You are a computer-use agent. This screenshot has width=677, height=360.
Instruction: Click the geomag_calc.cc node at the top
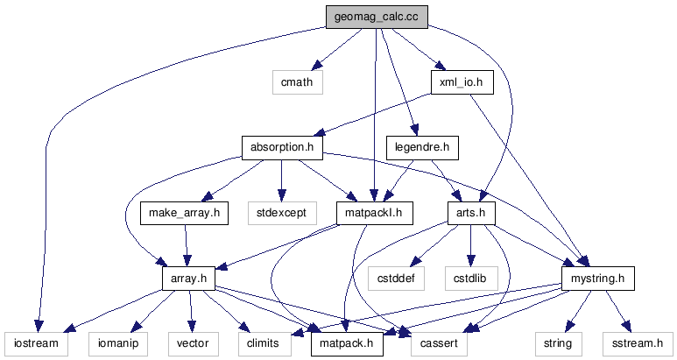[375, 17]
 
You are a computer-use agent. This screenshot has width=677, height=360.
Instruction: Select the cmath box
[297, 82]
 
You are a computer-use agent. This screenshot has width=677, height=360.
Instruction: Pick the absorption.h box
[282, 147]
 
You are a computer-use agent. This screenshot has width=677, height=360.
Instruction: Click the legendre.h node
[422, 147]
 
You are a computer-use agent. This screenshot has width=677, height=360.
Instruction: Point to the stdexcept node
[281, 212]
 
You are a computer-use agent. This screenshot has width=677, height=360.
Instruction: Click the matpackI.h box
[374, 212]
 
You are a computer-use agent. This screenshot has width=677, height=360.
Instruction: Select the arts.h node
[471, 212]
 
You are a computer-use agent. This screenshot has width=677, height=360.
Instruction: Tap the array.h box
[189, 278]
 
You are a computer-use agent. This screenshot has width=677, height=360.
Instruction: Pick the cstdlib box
[470, 278]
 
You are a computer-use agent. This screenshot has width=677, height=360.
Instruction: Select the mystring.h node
[596, 278]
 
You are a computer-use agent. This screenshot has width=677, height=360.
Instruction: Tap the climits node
[264, 343]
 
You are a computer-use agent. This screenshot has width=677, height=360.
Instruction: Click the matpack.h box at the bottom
[347, 343]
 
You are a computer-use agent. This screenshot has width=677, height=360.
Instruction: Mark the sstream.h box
[638, 343]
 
